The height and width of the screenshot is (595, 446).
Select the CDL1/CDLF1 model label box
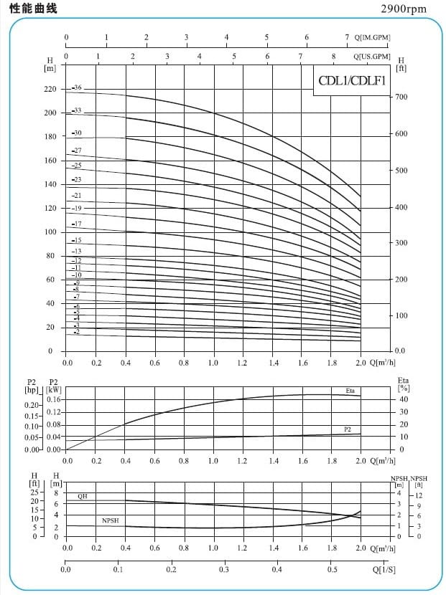point(352,80)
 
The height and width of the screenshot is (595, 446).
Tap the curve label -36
point(78,87)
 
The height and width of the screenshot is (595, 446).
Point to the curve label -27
point(77,151)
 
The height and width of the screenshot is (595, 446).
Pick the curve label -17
point(77,224)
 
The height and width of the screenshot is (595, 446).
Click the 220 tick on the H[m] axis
point(49,90)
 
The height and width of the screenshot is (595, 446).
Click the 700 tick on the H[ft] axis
point(402,97)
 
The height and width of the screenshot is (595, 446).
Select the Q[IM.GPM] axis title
point(372,37)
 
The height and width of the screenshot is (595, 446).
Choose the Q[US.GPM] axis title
point(372,55)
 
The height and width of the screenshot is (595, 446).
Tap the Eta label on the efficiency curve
point(350,391)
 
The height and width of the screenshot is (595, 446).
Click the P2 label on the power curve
point(348,429)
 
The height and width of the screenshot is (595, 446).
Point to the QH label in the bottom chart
point(83,496)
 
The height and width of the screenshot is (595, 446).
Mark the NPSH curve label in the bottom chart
point(111,520)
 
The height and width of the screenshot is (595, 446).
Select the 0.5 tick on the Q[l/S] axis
point(331,571)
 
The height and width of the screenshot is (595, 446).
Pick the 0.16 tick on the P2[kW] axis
point(53,399)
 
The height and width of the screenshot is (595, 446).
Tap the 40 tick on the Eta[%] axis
point(404,399)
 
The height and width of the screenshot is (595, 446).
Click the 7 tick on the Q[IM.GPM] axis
point(347,37)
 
